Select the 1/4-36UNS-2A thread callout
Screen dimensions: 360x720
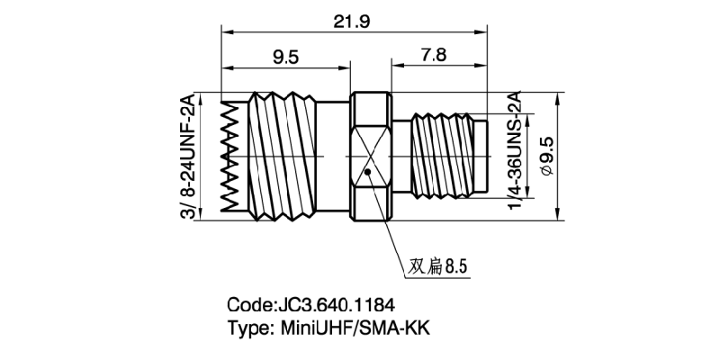515,153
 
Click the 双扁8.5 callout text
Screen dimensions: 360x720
440,267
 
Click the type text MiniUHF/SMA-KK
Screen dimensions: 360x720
351,328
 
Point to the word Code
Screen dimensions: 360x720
248,304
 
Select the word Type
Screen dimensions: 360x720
246,328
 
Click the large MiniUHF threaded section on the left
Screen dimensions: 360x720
281,155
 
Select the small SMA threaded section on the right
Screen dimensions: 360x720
441,155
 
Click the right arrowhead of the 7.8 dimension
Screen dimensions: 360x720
485,66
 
